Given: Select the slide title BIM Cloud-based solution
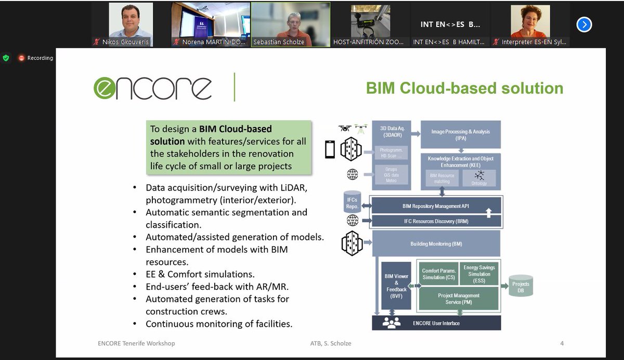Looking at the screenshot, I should click(464, 88).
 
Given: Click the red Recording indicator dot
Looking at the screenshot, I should click(21, 58).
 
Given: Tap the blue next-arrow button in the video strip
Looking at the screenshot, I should click(584, 24).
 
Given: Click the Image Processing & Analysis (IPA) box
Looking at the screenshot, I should click(460, 135).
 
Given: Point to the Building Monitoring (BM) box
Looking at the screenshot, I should click(436, 243).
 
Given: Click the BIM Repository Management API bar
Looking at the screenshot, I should click(436, 206).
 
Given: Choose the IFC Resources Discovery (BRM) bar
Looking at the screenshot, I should click(436, 222).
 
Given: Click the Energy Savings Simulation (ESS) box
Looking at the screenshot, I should click(479, 274).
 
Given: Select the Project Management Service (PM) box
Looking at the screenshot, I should click(458, 299).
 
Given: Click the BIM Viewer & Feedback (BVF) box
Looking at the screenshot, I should click(396, 286).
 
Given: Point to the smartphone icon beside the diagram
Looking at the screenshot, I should click(330, 150).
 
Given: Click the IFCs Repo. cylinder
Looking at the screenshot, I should click(352, 202).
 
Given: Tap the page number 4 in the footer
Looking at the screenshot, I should click(562, 343).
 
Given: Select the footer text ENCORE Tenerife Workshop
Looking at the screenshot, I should click(136, 343).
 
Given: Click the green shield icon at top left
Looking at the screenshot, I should click(6, 58).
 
